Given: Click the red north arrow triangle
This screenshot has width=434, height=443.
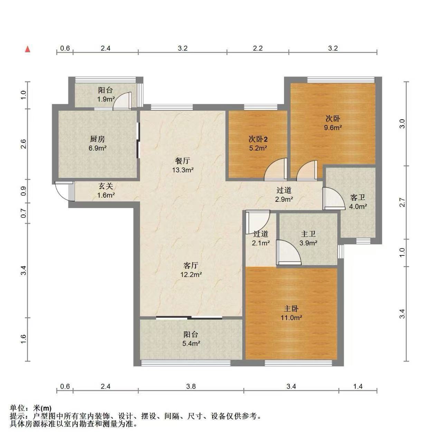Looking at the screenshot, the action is click(x=28, y=49).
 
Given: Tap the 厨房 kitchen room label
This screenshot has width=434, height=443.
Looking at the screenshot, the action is click(x=97, y=139).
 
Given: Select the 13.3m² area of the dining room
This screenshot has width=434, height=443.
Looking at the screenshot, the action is click(x=183, y=170).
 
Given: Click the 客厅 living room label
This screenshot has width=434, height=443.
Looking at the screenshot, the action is click(x=191, y=265).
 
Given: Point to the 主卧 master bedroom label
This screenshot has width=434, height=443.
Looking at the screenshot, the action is click(x=291, y=308).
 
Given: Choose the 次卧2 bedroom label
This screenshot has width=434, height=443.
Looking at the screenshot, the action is click(x=258, y=139).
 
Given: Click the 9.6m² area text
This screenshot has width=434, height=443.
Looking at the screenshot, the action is click(x=333, y=128).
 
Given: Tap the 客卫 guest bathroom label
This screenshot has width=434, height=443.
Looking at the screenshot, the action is click(x=358, y=198).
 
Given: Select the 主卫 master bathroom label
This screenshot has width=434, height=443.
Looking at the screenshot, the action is click(x=308, y=234).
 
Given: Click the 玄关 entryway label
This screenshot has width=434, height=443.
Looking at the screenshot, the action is click(x=106, y=186).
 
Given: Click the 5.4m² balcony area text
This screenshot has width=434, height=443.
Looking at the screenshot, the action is click(x=191, y=343).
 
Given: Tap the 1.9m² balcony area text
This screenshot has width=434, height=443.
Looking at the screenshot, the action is click(x=106, y=99).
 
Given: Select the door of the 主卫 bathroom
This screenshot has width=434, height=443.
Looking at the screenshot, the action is click(x=289, y=252).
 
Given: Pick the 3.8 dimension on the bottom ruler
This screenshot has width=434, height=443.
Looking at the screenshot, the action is click(x=191, y=387).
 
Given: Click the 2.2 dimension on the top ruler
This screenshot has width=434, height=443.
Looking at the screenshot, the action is click(x=258, y=48).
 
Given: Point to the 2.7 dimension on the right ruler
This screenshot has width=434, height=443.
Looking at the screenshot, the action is click(x=402, y=202).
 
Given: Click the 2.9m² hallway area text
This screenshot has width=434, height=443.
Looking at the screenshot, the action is click(x=284, y=199).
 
